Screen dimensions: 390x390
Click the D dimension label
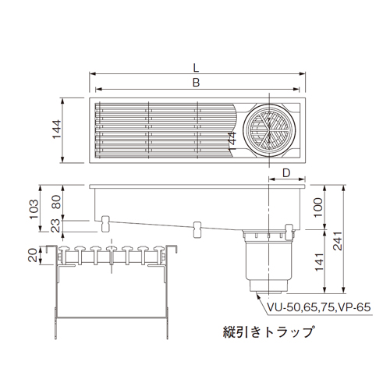click(x=286, y=172)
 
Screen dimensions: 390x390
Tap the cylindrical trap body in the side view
click(x=266, y=261)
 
